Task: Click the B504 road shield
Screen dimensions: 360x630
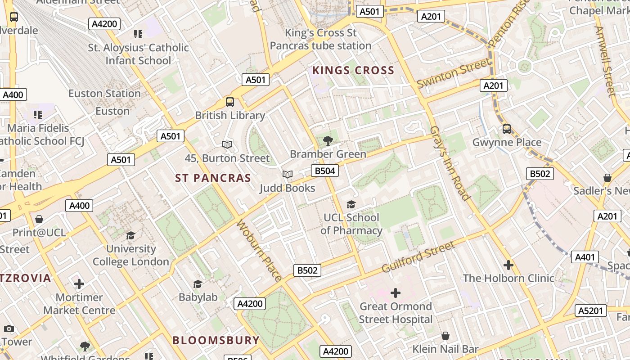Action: [x=324, y=171]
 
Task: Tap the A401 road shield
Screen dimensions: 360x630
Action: [x=585, y=257]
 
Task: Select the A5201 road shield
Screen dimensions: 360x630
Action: [x=590, y=310]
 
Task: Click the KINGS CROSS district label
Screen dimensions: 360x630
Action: [x=353, y=71]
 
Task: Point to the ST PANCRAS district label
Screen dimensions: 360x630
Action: [x=213, y=178]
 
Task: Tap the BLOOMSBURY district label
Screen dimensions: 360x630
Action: [x=216, y=340]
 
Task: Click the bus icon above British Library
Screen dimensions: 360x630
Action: [x=230, y=102]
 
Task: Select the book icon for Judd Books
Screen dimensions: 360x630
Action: [x=287, y=174]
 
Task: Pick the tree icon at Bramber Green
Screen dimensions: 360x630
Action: [x=328, y=140]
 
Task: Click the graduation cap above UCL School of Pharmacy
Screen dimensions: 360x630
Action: [x=351, y=205]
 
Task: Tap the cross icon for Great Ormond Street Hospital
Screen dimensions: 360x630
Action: [x=396, y=293]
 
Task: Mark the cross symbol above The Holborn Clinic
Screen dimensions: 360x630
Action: [x=508, y=265]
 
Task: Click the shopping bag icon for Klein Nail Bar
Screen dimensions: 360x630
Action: [x=445, y=336]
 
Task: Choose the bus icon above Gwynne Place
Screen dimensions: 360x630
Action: [x=507, y=129]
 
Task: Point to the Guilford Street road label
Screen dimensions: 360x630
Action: [x=418, y=257]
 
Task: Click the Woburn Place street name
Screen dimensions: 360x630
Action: [x=259, y=250]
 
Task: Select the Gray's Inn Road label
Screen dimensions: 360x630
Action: [x=450, y=163]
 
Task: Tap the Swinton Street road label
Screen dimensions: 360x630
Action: [x=453, y=73]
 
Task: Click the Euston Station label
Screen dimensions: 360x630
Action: [x=104, y=94]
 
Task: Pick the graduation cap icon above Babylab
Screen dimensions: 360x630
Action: [x=198, y=284]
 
